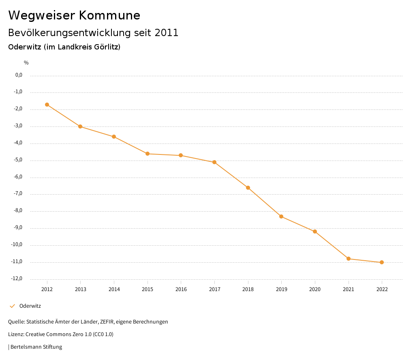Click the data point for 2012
tap(47, 105)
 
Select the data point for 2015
tap(148, 154)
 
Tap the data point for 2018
tap(248, 188)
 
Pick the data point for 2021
tap(349, 259)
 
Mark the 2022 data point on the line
tap(382, 262)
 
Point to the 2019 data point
tap(281, 216)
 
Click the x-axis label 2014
tap(114, 289)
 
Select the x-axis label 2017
tap(214, 289)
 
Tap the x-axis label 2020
tap(315, 289)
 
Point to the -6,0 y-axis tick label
tap(18, 177)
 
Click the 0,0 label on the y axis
tap(19, 75)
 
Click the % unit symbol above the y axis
tap(26, 62)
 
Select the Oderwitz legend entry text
tap(30, 306)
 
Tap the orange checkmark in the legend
tap(12, 306)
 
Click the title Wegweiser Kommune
tap(74, 15)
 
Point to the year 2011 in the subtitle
tap(167, 33)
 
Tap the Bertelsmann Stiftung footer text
tap(36, 347)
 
